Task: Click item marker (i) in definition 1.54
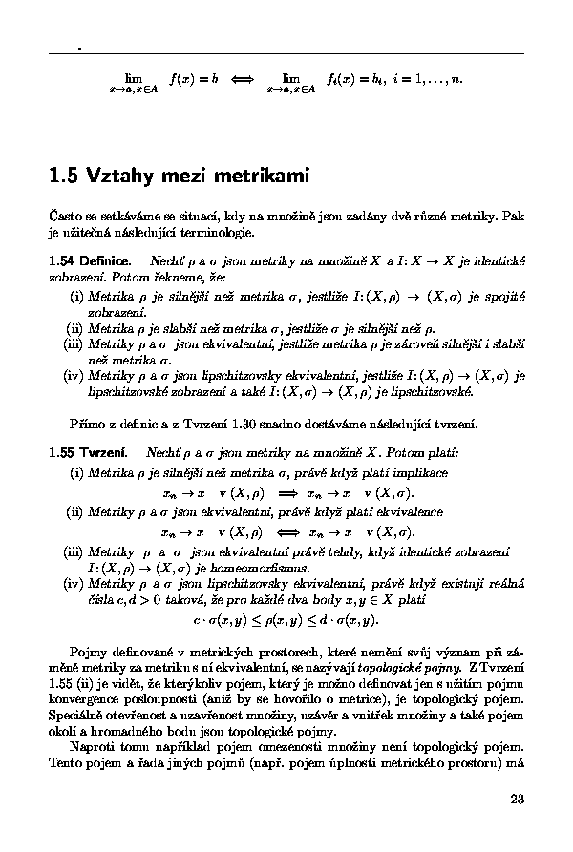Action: (x=75, y=297)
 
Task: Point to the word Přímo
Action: (x=86, y=422)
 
